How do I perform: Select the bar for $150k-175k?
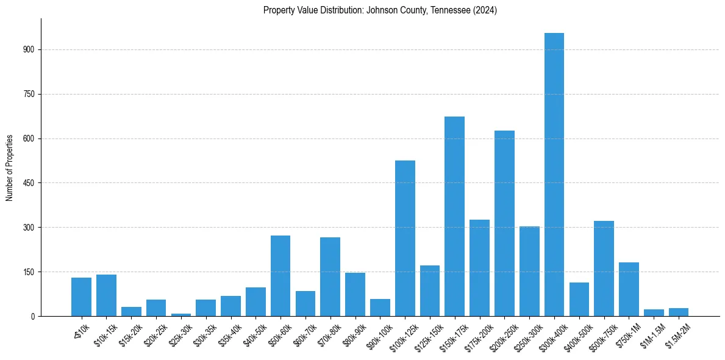tap(454, 216)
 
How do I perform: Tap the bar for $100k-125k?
tap(405, 238)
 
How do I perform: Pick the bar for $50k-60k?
tap(280, 276)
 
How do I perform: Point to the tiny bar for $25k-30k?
tap(181, 314)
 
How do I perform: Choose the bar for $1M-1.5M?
tap(654, 312)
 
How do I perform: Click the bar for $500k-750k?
tap(604, 268)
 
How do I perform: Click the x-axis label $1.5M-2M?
tap(677, 335)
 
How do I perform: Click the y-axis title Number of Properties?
tap(10, 167)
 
